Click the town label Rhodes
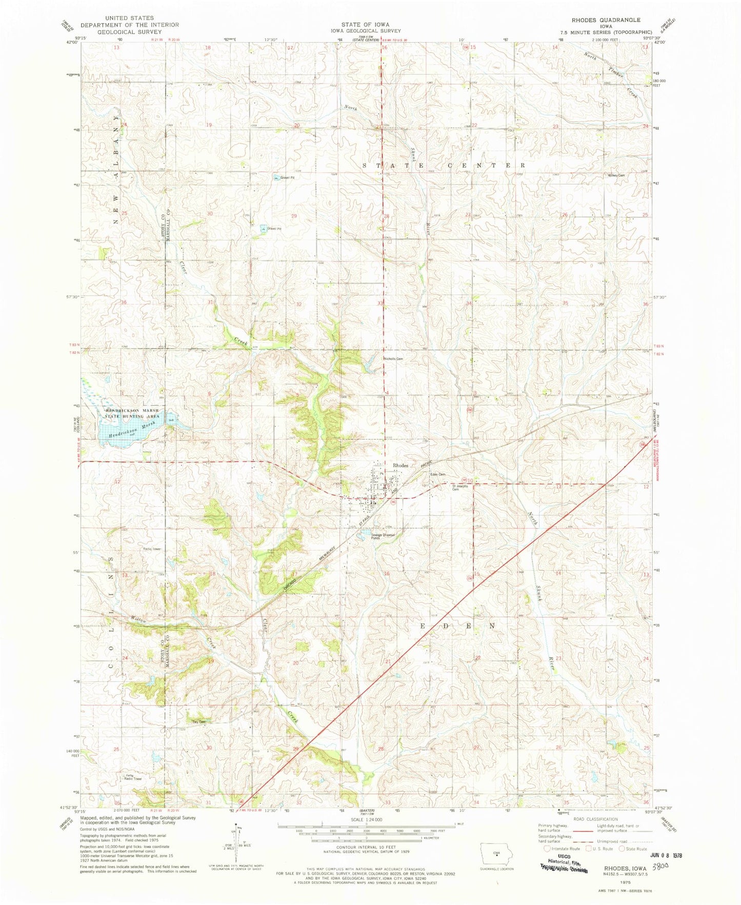click(x=400, y=465)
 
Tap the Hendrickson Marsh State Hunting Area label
click(x=133, y=414)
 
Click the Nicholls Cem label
click(x=393, y=358)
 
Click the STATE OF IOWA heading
click(x=366, y=24)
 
